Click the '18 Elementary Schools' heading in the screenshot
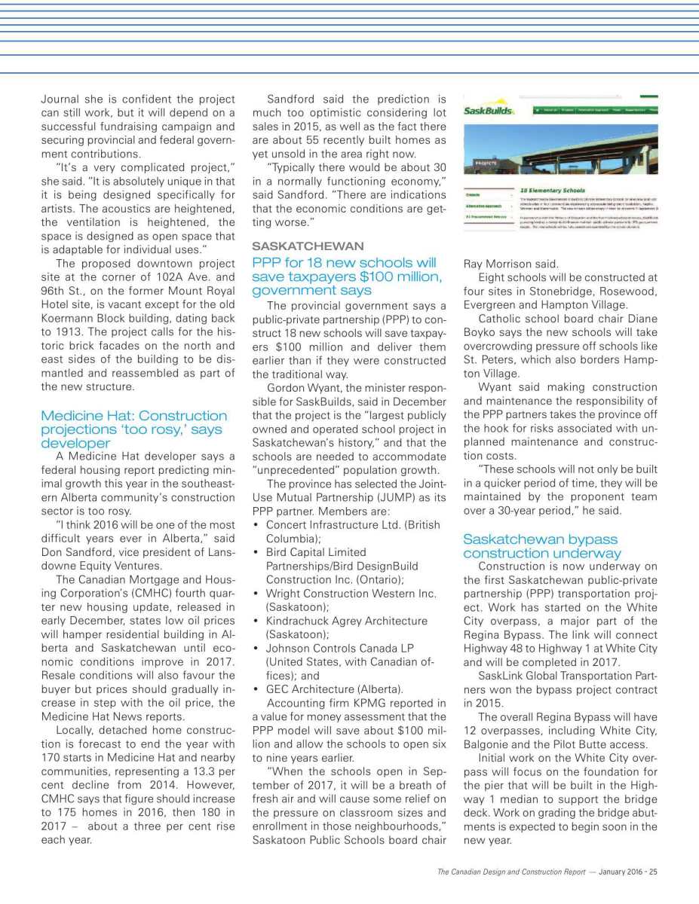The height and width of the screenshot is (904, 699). pyautogui.click(x=553, y=191)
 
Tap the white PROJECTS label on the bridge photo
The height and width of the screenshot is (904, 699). pyautogui.click(x=485, y=163)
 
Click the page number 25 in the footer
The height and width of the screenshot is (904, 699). pyautogui.click(x=653, y=872)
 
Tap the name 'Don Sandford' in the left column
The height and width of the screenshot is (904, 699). pyautogui.click(x=75, y=551)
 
